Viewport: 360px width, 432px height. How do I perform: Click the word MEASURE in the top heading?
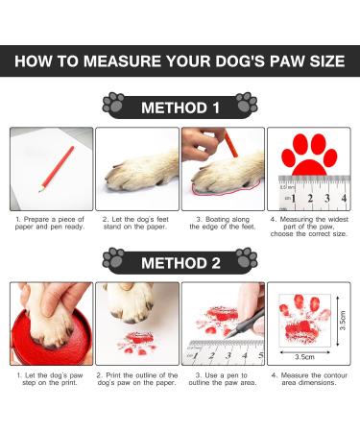pyautogui.click(x=137, y=62)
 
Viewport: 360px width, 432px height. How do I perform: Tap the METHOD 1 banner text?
pyautogui.click(x=180, y=108)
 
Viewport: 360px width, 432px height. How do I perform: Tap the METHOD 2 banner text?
pyautogui.click(x=180, y=261)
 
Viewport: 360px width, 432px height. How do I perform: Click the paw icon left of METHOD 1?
pyautogui.click(x=114, y=104)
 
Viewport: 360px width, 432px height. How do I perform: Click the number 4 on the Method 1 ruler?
pyautogui.click(x=343, y=200)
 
